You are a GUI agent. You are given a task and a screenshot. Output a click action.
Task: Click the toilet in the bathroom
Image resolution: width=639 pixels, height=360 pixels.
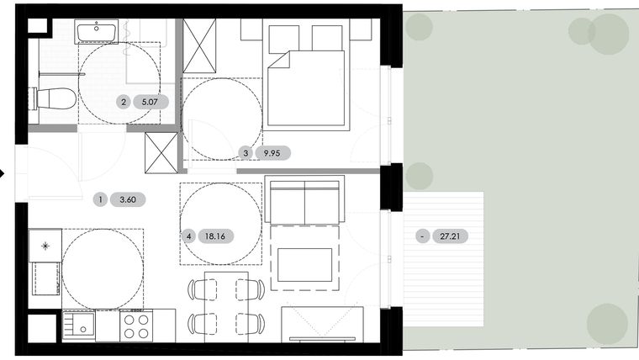[55, 99]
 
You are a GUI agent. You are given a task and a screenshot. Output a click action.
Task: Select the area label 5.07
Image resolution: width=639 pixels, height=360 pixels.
[150, 103]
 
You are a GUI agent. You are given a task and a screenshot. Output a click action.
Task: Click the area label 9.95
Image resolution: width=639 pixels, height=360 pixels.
[272, 153]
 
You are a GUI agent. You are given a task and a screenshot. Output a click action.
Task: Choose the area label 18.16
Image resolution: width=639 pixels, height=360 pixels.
[219, 237]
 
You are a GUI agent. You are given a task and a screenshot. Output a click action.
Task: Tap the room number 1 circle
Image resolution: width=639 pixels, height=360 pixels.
[101, 200]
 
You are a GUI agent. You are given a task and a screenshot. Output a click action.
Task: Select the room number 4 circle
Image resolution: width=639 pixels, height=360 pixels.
[190, 237]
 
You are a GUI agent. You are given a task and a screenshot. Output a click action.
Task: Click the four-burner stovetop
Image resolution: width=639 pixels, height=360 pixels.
[136, 326]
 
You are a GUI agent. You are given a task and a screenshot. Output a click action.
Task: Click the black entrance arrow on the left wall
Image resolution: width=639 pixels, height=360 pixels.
[3, 174]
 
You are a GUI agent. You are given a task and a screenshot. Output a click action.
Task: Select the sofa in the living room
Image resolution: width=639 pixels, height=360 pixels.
[304, 200]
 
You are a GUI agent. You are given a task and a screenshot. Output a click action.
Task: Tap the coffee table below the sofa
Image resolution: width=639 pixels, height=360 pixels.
[304, 264]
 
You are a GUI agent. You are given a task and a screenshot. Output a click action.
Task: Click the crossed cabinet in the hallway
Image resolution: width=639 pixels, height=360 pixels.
[161, 152]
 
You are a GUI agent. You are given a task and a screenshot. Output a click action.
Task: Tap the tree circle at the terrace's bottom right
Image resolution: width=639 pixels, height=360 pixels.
[607, 324]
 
